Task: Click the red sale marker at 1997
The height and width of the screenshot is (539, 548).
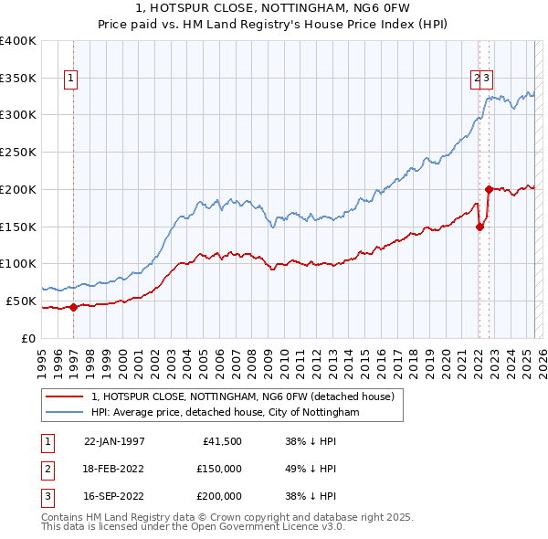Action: [74, 307]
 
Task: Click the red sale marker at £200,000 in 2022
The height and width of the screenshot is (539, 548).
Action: [489, 189]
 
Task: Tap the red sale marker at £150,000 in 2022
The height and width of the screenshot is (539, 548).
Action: [479, 227]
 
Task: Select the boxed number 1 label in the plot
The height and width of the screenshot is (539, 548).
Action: [70, 79]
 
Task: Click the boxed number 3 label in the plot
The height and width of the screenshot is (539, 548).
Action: [488, 79]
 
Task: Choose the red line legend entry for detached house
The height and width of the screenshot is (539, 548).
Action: [242, 396]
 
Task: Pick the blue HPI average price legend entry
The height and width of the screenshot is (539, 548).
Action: [225, 412]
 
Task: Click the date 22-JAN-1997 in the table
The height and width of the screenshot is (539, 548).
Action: [114, 441]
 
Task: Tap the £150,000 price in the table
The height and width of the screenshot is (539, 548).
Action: [219, 469]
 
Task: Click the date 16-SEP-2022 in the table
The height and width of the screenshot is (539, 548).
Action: [114, 496]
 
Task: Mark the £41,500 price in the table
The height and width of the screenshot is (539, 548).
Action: [222, 441]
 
